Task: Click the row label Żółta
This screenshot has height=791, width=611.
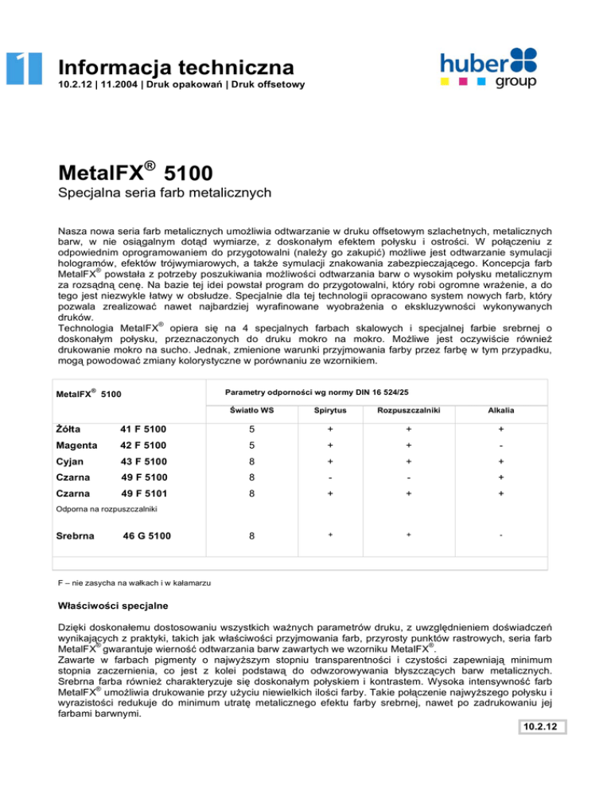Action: [x=70, y=431]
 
